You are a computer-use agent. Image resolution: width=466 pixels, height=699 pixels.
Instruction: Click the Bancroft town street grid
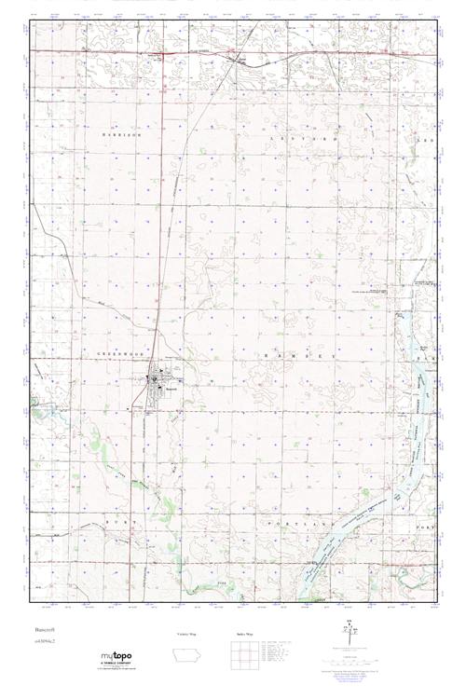pos(157,384)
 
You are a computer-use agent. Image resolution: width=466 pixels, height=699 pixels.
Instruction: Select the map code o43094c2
pos(47,644)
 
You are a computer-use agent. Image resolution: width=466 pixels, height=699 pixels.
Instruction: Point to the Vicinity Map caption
pos(187,634)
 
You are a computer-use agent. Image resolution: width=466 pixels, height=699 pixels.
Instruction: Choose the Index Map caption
pos(243,634)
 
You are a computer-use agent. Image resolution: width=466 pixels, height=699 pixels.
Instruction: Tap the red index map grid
pos(244,655)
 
